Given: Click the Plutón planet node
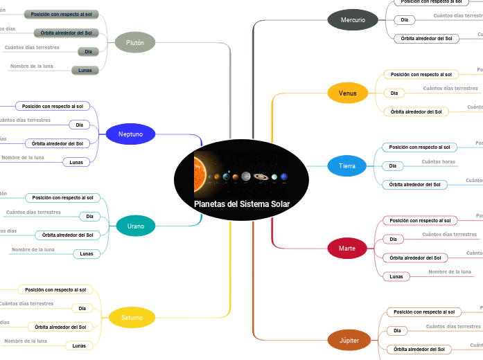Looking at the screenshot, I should [135, 42].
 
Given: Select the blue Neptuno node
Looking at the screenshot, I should [130, 134].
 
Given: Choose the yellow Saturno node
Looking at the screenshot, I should [132, 318].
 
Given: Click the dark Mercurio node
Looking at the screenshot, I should [353, 19].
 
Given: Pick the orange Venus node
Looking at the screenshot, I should [348, 93].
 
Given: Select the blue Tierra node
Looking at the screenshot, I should [347, 166].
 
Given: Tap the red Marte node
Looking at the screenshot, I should [347, 248].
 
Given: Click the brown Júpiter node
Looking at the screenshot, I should [349, 340].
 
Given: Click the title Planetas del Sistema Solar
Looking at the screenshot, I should [241, 204].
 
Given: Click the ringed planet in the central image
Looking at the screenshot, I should [261, 177].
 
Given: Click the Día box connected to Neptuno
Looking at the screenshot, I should [79, 125].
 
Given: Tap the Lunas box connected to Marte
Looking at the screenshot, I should [396, 276].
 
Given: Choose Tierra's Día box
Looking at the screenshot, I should [392, 165].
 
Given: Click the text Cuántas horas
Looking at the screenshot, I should [439, 162].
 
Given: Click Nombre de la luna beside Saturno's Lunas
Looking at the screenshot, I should [26, 341].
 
